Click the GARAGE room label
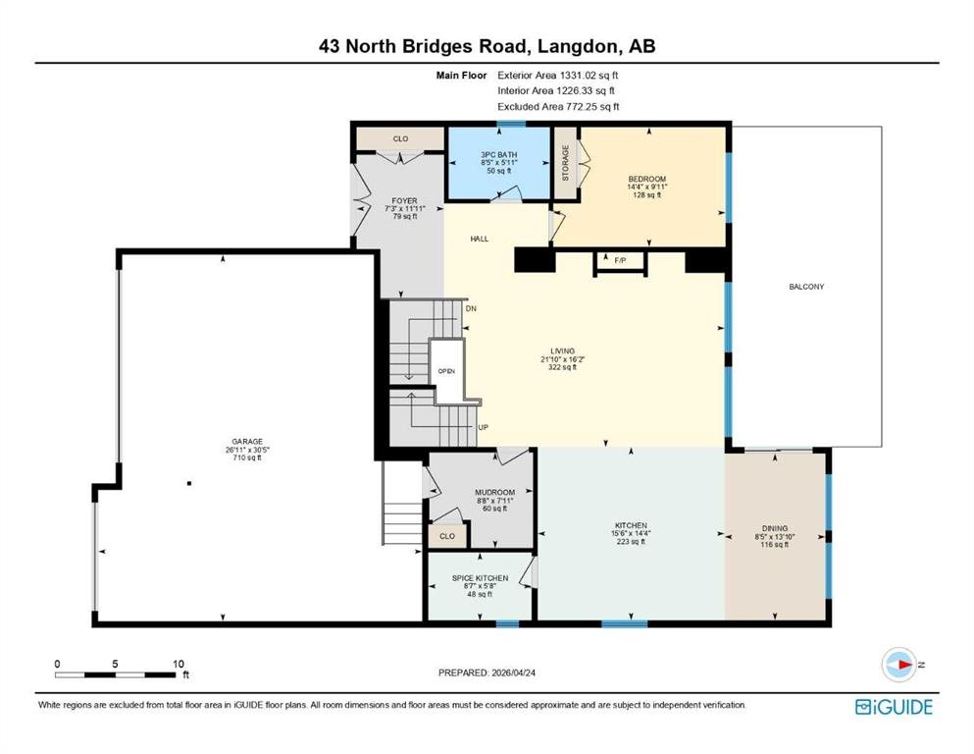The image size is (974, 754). [x=247, y=442]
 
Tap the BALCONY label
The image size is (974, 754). [x=806, y=287]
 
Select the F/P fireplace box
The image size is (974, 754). [x=621, y=261]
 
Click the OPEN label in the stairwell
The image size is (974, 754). [x=446, y=371]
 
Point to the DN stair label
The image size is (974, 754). [x=471, y=308]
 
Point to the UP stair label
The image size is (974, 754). [x=484, y=427]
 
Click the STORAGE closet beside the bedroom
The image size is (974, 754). [x=565, y=163]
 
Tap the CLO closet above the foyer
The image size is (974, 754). [x=400, y=138]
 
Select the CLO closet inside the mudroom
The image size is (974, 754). [x=447, y=536]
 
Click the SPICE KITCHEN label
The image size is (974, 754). [x=480, y=578]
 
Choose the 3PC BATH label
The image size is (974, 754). [x=499, y=155]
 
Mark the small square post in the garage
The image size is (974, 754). [x=189, y=483]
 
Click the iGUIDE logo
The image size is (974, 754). [x=894, y=707]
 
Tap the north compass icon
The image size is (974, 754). [x=898, y=665]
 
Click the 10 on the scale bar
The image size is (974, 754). [x=179, y=664]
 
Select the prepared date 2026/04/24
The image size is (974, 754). [x=513, y=673]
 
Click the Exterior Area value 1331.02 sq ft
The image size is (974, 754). [x=589, y=76]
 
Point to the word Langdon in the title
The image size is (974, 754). [x=579, y=46]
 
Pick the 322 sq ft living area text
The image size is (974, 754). [x=563, y=367]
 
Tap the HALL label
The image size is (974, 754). [x=479, y=239]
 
